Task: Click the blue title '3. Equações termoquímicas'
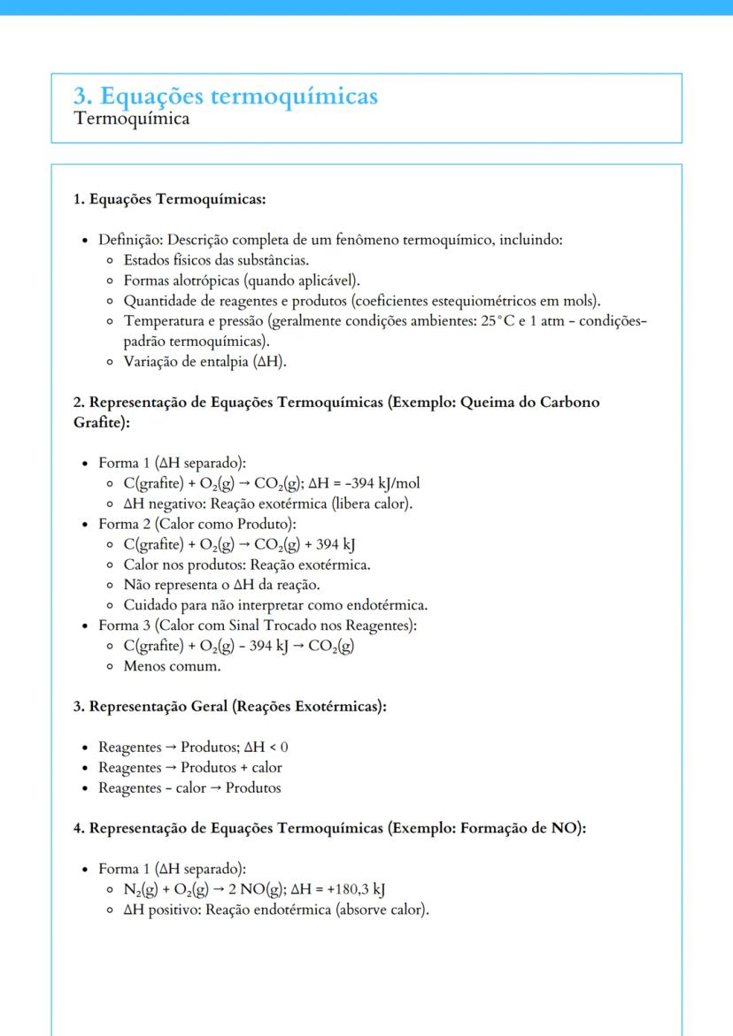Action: click(226, 96)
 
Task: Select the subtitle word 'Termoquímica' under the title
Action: click(131, 119)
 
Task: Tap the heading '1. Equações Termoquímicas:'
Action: click(169, 199)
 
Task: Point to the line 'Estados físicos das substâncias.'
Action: click(216, 260)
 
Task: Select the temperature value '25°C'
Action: click(503, 320)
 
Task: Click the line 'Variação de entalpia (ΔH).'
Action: click(205, 361)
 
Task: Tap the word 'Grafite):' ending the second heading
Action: click(101, 423)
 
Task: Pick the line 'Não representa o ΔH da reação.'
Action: click(221, 585)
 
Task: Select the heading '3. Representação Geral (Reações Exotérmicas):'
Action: click(230, 707)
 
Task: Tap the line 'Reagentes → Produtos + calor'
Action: click(189, 767)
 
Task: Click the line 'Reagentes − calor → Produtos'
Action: click(189, 787)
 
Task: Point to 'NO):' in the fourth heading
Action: click(567, 828)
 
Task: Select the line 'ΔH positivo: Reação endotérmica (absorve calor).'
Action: click(276, 909)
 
